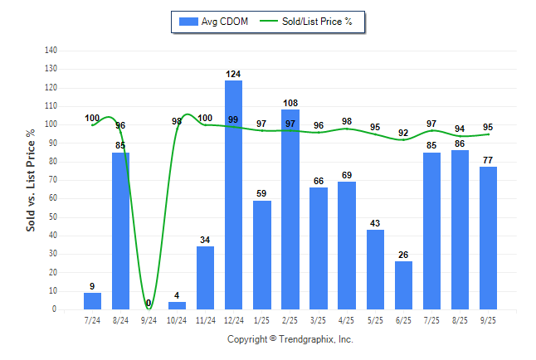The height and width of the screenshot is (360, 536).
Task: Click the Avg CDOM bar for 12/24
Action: click(233, 195)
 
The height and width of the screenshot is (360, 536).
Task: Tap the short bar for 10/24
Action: click(177, 306)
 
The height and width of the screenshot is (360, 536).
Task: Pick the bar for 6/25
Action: click(403, 285)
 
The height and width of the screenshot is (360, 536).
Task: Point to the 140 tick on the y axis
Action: click(51, 50)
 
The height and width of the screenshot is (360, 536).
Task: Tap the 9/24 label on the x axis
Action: click(149, 319)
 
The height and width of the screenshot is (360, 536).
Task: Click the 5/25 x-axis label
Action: click(375, 319)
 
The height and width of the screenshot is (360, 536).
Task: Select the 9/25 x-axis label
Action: click(489, 319)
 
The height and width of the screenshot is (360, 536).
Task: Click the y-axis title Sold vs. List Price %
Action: click(31, 180)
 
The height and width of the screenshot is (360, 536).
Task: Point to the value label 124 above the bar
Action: click(233, 75)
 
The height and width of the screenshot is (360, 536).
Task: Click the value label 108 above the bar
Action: click(290, 105)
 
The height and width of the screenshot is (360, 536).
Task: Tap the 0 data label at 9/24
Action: click(149, 304)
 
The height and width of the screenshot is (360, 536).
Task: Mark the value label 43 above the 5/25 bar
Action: click(375, 224)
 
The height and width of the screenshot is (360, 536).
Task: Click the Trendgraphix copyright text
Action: click(290, 339)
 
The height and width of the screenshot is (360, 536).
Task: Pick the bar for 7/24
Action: click(92, 301)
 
